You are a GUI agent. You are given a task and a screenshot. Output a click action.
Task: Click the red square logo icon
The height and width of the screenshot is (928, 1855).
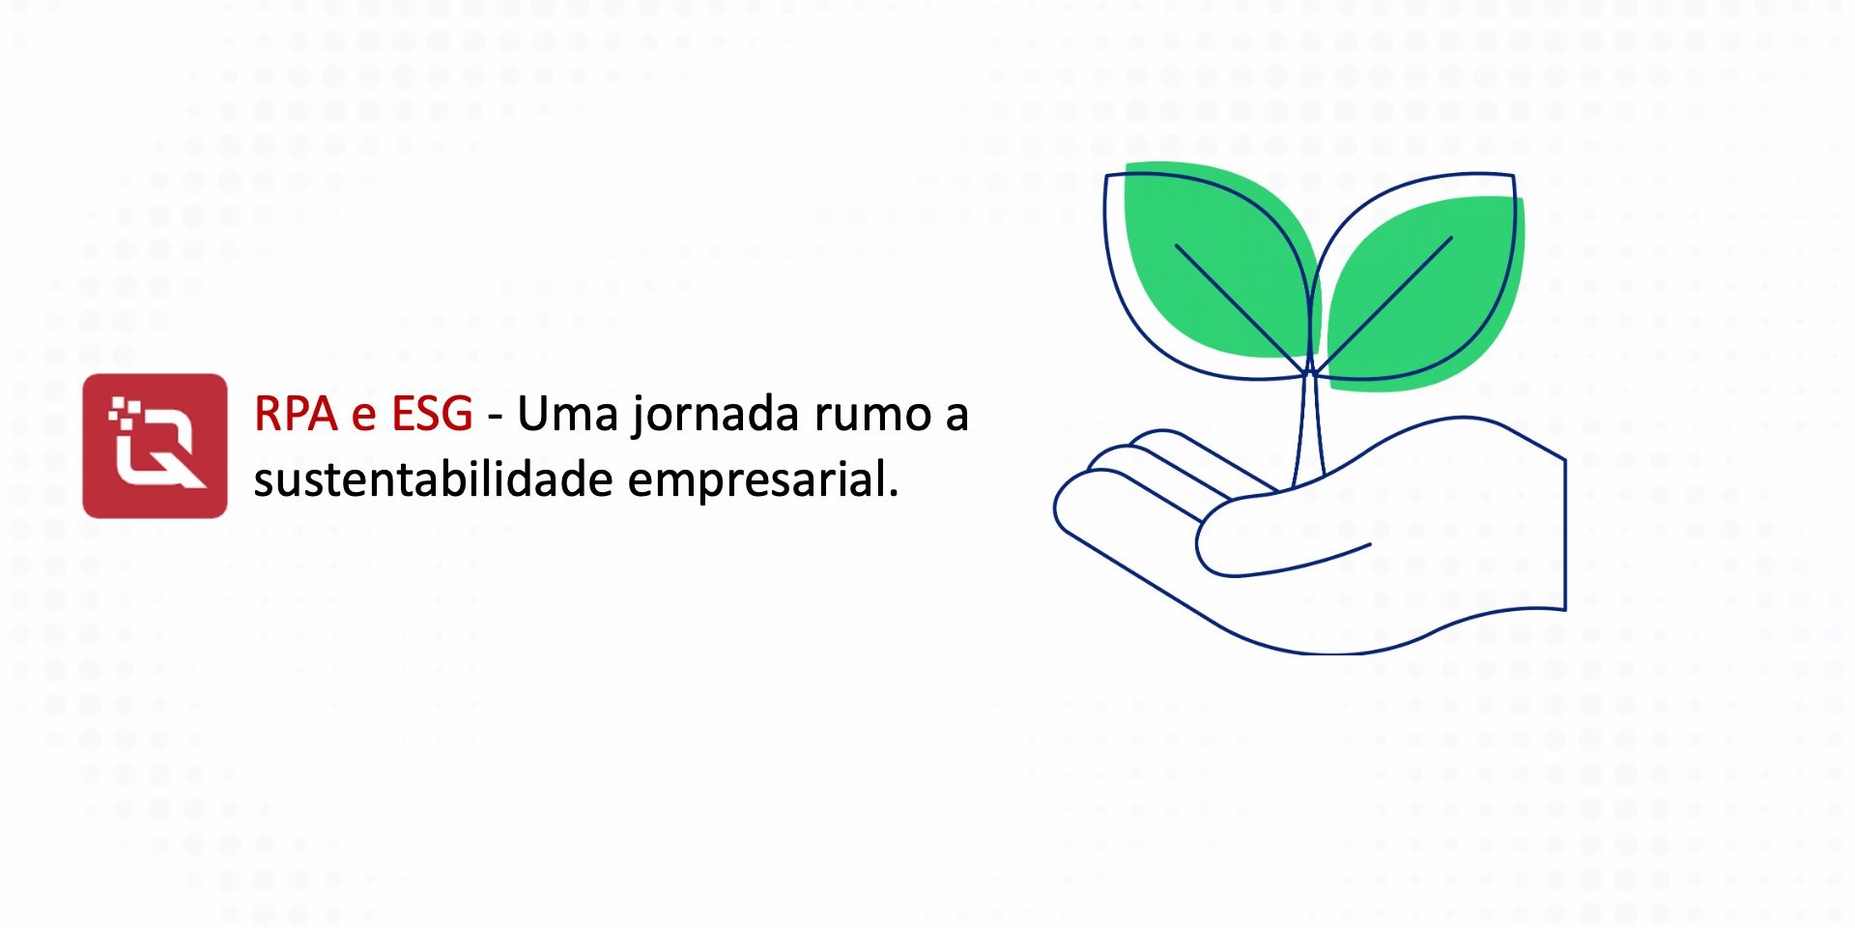155,446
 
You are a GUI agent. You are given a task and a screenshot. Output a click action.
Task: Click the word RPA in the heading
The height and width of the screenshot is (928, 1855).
296,415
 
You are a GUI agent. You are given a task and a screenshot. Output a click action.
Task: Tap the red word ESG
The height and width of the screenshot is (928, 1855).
432,415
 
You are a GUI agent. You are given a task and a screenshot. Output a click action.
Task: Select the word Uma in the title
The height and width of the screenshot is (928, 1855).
567,415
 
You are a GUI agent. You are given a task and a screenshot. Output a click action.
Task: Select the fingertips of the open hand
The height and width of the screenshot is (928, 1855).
1072,503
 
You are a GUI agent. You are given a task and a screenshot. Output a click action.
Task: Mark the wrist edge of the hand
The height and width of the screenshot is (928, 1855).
1564,532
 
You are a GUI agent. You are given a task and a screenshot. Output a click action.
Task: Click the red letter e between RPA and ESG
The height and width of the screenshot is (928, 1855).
363,417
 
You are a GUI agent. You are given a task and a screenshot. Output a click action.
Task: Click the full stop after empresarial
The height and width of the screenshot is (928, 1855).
893,492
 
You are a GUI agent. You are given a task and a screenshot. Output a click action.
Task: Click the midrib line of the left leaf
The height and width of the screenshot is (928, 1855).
1237,304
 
